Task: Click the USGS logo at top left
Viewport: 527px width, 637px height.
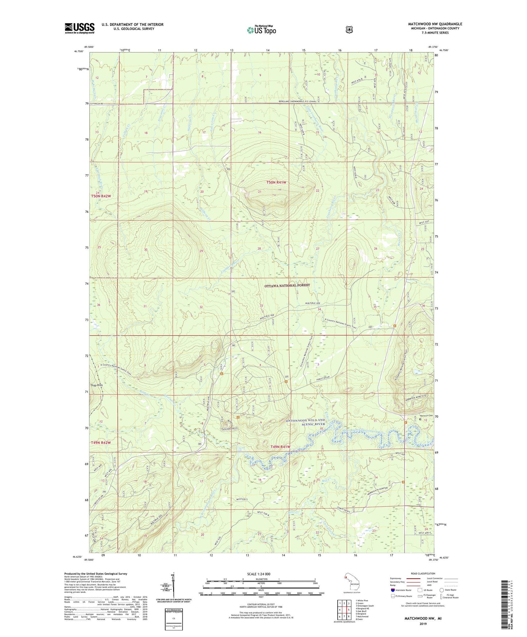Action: point(80,28)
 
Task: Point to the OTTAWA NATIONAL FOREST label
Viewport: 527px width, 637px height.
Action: point(287,285)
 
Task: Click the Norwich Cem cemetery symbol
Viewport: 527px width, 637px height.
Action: point(420,419)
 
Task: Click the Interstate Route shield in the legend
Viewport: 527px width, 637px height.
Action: point(393,590)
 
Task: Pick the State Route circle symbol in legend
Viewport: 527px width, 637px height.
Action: point(442,590)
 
